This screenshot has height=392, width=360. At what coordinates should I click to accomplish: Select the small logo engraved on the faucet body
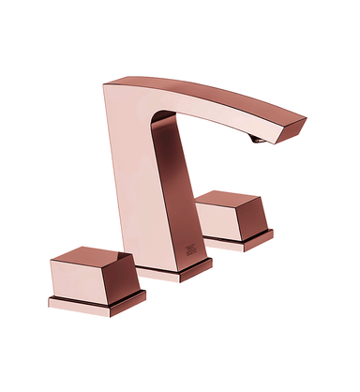point(188,248)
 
